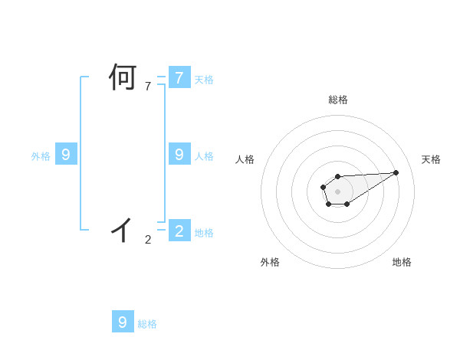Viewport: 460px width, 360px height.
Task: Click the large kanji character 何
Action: pyautogui.click(x=123, y=78)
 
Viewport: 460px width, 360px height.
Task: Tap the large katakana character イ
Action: pyautogui.click(x=123, y=229)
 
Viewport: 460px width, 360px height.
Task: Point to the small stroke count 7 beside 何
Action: pyautogui.click(x=148, y=87)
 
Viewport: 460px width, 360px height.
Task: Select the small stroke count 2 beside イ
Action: pyautogui.click(x=148, y=240)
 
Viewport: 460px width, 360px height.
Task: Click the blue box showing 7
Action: pyautogui.click(x=179, y=78)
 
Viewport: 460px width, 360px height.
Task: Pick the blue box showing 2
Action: pyautogui.click(x=179, y=231)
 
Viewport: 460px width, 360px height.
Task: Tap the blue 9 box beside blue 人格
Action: pyautogui.click(x=179, y=155)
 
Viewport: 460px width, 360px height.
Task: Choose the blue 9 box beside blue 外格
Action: pyautogui.click(x=66, y=155)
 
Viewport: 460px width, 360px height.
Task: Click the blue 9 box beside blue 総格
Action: pyautogui.click(x=123, y=322)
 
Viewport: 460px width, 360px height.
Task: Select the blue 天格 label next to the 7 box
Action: pyautogui.click(x=204, y=80)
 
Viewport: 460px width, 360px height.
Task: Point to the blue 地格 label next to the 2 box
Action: pyautogui.click(x=204, y=233)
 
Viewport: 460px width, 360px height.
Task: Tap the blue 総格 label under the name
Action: pyautogui.click(x=147, y=324)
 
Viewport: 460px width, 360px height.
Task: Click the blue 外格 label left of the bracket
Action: pyautogui.click(x=41, y=156)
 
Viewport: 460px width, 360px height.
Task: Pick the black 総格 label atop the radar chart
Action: pyautogui.click(x=337, y=100)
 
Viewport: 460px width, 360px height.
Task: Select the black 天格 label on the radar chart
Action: pyautogui.click(x=431, y=159)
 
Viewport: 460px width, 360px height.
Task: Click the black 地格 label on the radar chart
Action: pyautogui.click(x=402, y=262)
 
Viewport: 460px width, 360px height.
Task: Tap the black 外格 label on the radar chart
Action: pyautogui.click(x=270, y=262)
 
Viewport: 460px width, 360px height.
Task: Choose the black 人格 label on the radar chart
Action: pyautogui.click(x=245, y=159)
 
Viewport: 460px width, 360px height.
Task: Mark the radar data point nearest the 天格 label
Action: pyautogui.click(x=396, y=172)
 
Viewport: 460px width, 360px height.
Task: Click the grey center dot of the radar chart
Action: pyautogui.click(x=337, y=191)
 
